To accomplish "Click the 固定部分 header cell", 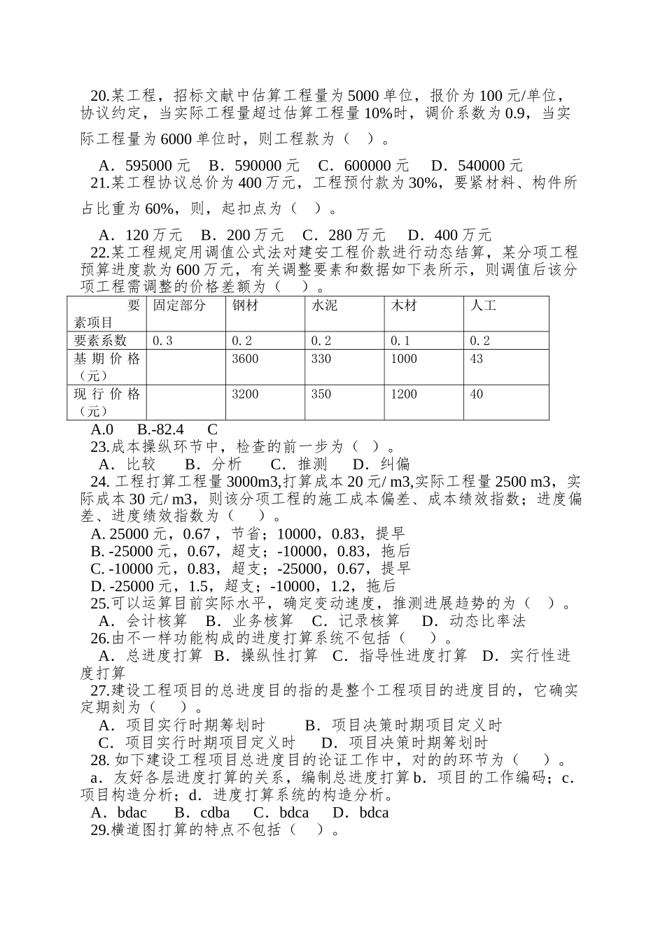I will coord(179,306).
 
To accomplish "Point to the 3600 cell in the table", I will coord(245,359).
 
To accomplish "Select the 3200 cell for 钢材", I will coord(245,394).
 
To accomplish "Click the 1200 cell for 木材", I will coord(404,394).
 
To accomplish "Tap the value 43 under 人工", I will coord(477,359).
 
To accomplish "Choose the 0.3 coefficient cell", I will coord(162,341).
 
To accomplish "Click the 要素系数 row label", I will coord(101,341).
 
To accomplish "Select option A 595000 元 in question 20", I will coord(144,166).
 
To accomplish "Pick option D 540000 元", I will coord(477,166).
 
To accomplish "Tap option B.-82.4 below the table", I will coord(160,429).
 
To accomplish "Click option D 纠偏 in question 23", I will coord(381,464).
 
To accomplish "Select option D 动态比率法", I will coord(473,621).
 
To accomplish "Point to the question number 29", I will coord(99,829).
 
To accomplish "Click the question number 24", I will coord(99,482).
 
